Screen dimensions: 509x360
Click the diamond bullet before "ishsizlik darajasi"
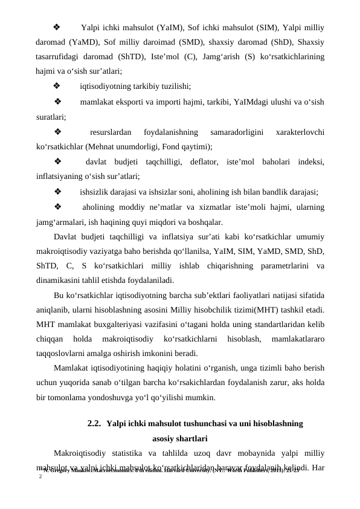tap(57, 193)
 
